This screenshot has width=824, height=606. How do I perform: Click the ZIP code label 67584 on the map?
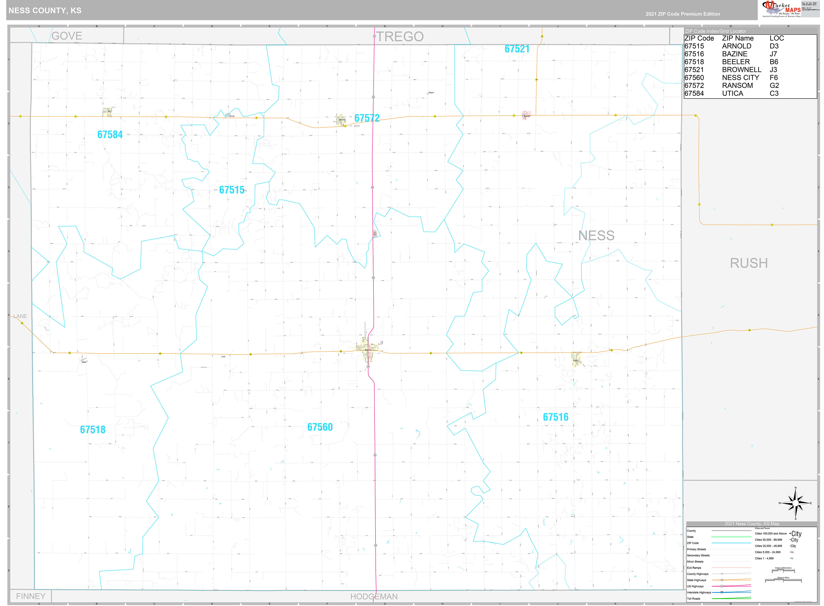click(110, 135)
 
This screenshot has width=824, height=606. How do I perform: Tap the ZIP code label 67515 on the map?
click(232, 190)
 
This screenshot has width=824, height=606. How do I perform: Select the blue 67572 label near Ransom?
click(367, 118)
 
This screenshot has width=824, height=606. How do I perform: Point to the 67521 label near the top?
click(517, 49)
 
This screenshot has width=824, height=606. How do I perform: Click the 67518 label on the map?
click(93, 430)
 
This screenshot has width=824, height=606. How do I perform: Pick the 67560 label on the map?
click(320, 427)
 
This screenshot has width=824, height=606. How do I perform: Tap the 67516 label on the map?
click(555, 417)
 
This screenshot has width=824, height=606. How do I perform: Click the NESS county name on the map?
click(596, 235)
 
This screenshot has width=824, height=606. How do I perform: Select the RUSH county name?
click(748, 263)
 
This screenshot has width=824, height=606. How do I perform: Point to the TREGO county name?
click(400, 37)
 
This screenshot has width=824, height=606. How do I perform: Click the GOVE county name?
click(67, 36)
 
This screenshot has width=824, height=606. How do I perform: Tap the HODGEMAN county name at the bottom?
click(374, 596)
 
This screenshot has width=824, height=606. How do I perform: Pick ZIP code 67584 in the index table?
click(694, 93)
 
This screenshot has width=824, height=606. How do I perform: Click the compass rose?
click(795, 503)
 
